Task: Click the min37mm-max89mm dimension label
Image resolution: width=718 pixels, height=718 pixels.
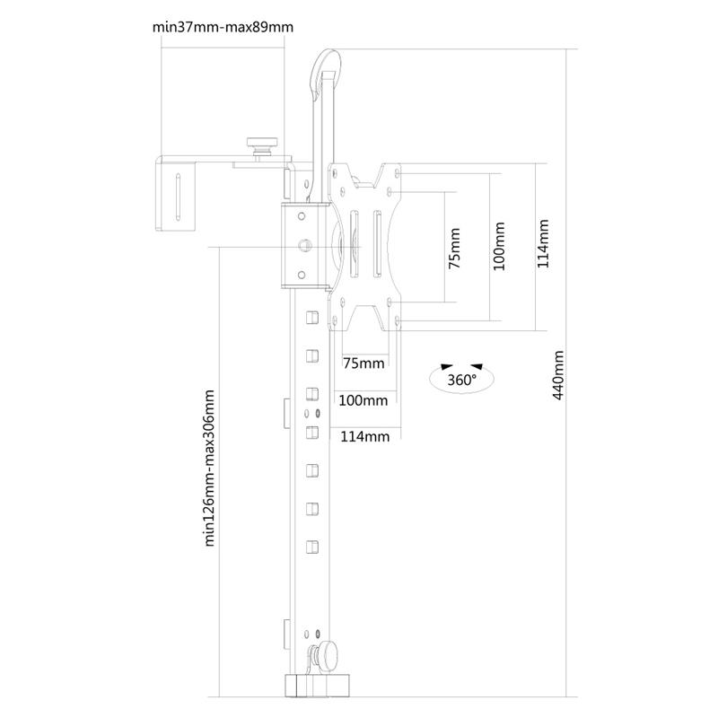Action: [x=223, y=26]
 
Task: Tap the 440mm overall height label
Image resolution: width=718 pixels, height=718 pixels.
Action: [x=558, y=374]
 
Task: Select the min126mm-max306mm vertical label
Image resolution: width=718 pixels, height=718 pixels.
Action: [x=210, y=468]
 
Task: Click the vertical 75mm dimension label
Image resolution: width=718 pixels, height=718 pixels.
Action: [x=454, y=249]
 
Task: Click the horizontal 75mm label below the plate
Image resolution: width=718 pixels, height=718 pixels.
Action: [x=363, y=363]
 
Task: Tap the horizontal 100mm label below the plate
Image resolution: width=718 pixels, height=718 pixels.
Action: [x=363, y=399]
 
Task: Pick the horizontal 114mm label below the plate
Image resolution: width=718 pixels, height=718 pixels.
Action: [x=364, y=437]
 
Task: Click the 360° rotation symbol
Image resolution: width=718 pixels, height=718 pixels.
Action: [x=461, y=378]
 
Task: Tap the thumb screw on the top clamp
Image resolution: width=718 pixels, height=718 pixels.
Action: [x=262, y=144]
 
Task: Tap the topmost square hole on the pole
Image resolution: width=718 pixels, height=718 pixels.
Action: [x=311, y=317]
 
